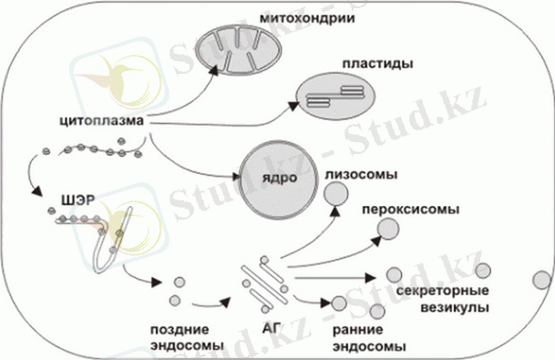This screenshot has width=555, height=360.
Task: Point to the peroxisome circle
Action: coord(387,228)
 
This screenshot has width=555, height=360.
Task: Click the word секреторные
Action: coord(434,291)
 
